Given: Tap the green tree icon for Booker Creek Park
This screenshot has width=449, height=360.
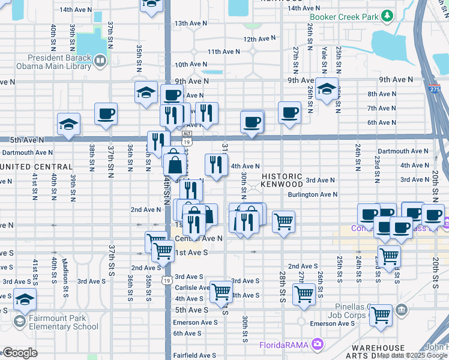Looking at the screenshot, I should [x=388, y=15].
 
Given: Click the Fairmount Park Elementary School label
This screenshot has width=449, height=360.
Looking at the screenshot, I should [x=57, y=322].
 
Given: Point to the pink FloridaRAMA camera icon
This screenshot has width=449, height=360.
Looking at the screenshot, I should [x=318, y=344].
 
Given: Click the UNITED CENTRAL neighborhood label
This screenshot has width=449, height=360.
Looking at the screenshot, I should [x=36, y=166].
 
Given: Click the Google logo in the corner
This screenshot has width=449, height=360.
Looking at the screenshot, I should [x=20, y=353].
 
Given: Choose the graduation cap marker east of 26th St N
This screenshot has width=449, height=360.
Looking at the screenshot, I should [x=326, y=89].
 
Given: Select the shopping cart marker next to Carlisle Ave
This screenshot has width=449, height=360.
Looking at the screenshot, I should [x=221, y=292].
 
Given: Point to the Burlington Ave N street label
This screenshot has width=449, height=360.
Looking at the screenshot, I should [x=312, y=194].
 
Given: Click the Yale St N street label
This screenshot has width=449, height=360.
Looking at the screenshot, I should [x=325, y=46].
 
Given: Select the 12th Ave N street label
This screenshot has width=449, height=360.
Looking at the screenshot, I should [x=259, y=38].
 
